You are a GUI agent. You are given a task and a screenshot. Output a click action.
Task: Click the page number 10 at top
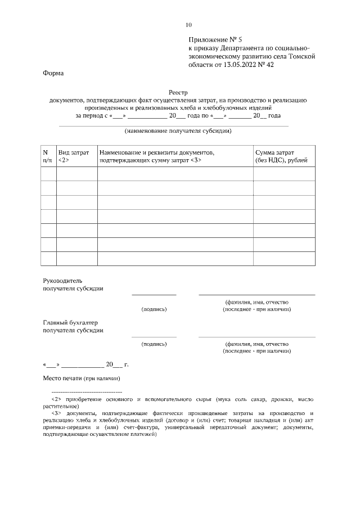pyautogui.click(x=188, y=25)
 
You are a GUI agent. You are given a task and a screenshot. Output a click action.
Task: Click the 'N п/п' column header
pyautogui.click(x=48, y=156)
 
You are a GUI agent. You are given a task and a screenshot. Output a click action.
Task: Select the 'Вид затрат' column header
pyautogui.click(x=74, y=152)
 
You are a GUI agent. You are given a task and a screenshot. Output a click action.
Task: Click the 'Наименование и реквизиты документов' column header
pyautogui.click(x=157, y=152)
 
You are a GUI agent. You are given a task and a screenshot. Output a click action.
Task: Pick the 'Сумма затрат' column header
pyautogui.click(x=275, y=152)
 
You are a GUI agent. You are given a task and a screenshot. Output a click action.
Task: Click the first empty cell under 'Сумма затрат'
pyautogui.click(x=283, y=174)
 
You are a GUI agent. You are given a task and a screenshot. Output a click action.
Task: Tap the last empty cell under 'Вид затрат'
pyautogui.click(x=77, y=258)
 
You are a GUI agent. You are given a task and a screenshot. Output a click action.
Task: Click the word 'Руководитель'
pyautogui.click(x=63, y=280)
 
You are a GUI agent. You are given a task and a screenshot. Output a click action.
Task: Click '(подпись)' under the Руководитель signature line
pyautogui.click(x=154, y=309)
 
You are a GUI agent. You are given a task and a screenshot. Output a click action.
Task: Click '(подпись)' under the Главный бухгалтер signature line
pyautogui.click(x=154, y=344)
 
